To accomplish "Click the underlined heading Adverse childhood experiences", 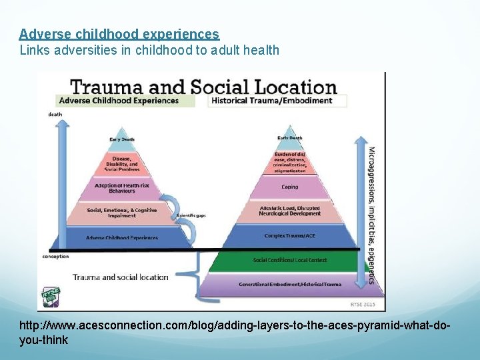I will point(119,33).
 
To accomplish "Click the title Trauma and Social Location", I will point(203,87).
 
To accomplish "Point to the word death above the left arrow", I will point(55,114).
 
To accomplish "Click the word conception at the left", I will point(55,256).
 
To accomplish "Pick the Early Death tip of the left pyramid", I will point(122,139).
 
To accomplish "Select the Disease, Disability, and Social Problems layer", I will point(122,163).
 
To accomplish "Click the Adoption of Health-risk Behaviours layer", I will point(122,188).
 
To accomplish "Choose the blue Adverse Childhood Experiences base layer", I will point(122,237).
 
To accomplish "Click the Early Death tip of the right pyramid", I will point(289,138).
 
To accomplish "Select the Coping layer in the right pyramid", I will point(289,188).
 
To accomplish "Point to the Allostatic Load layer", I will point(289,211).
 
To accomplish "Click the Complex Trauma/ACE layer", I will point(289,236).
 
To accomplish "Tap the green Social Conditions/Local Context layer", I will point(289,260).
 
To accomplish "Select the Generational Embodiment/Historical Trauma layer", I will point(289,284).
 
